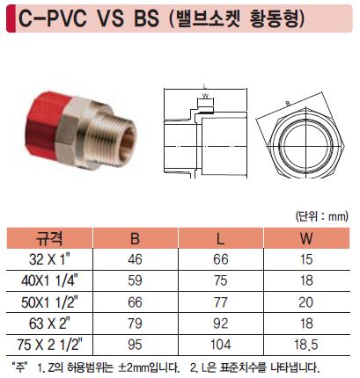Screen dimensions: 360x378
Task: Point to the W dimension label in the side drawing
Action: [205, 96]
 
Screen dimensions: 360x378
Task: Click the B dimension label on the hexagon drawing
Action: [288, 103]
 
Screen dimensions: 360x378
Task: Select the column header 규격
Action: [49, 238]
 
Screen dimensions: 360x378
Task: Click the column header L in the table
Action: [220, 238]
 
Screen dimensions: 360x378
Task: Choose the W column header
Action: [306, 238]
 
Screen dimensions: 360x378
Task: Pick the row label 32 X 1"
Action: [49, 259]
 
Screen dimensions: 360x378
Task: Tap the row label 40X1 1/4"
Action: [49, 280]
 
